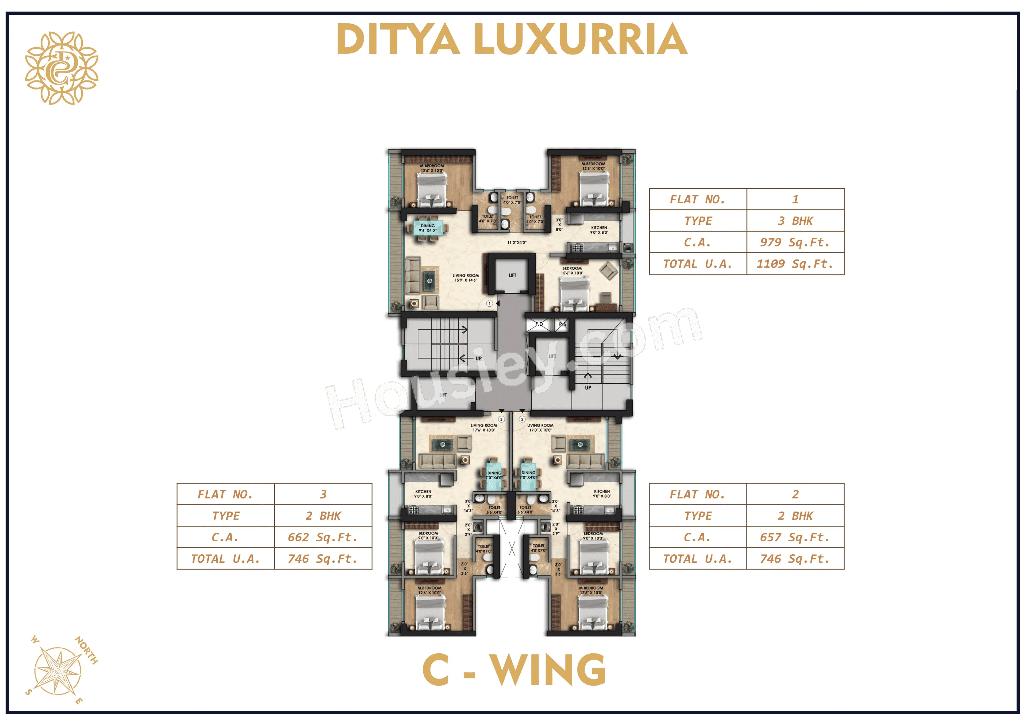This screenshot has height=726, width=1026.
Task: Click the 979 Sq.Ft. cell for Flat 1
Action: (795, 242)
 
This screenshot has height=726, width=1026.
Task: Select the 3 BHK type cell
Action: (795, 221)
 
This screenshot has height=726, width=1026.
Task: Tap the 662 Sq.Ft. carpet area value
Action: (323, 537)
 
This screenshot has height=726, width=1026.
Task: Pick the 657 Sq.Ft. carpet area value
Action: (795, 537)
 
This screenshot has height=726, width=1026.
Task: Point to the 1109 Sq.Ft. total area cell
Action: (795, 264)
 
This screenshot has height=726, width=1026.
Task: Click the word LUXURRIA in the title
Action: (580, 39)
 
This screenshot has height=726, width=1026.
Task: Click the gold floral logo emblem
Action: (62, 68)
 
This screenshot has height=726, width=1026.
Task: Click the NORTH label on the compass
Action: (87, 650)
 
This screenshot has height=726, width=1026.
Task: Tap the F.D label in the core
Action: (539, 324)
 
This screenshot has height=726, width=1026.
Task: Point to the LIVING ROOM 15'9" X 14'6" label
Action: (465, 278)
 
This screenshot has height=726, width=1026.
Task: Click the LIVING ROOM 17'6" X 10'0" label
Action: (484, 428)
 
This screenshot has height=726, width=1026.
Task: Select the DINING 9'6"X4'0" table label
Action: (428, 228)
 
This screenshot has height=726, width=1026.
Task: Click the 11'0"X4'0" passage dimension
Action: (517, 242)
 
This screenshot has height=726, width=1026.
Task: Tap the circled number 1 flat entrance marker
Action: (490, 303)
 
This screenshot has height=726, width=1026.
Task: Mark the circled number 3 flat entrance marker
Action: (502, 419)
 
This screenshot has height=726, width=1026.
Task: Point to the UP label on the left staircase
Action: (478, 358)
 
